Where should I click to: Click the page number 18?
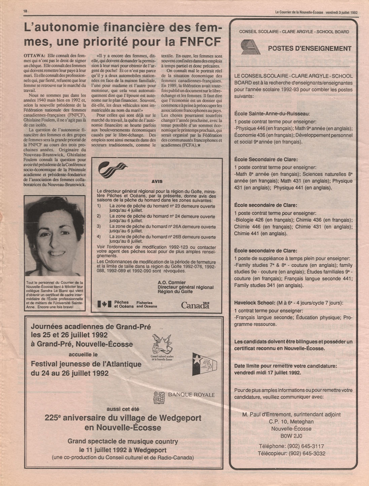(x=25, y=11)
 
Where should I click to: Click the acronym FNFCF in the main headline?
(x=200, y=41)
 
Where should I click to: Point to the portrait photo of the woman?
(x=55, y=238)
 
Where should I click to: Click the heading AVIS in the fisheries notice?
(x=157, y=181)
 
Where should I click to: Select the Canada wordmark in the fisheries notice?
(x=195, y=305)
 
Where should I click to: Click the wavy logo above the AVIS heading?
(x=112, y=170)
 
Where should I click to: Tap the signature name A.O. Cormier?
(x=171, y=282)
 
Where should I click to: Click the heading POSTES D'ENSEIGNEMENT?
(x=309, y=49)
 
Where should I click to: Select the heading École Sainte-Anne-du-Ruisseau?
(x=272, y=114)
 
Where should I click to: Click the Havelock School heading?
(x=254, y=303)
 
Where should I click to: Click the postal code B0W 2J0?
(x=292, y=436)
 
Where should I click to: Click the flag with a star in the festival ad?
(x=204, y=365)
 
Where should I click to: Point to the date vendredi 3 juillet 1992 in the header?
(x=341, y=12)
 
